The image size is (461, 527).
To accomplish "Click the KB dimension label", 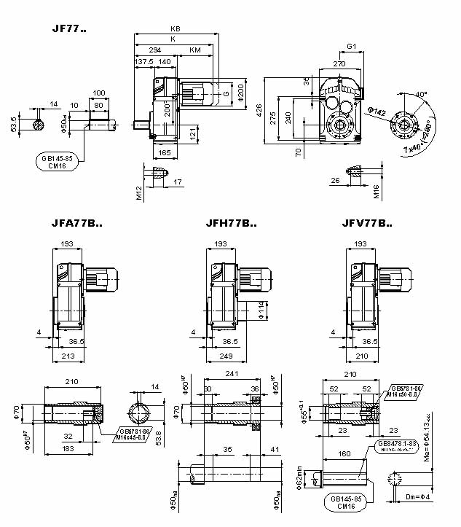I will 175,29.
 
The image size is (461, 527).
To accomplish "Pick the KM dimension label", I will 195,50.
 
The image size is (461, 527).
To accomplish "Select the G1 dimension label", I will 351,47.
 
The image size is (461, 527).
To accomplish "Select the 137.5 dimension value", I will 144,62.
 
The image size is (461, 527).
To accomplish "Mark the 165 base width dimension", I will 165,153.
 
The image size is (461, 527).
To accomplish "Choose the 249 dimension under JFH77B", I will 229,356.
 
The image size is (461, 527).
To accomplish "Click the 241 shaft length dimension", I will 232,375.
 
